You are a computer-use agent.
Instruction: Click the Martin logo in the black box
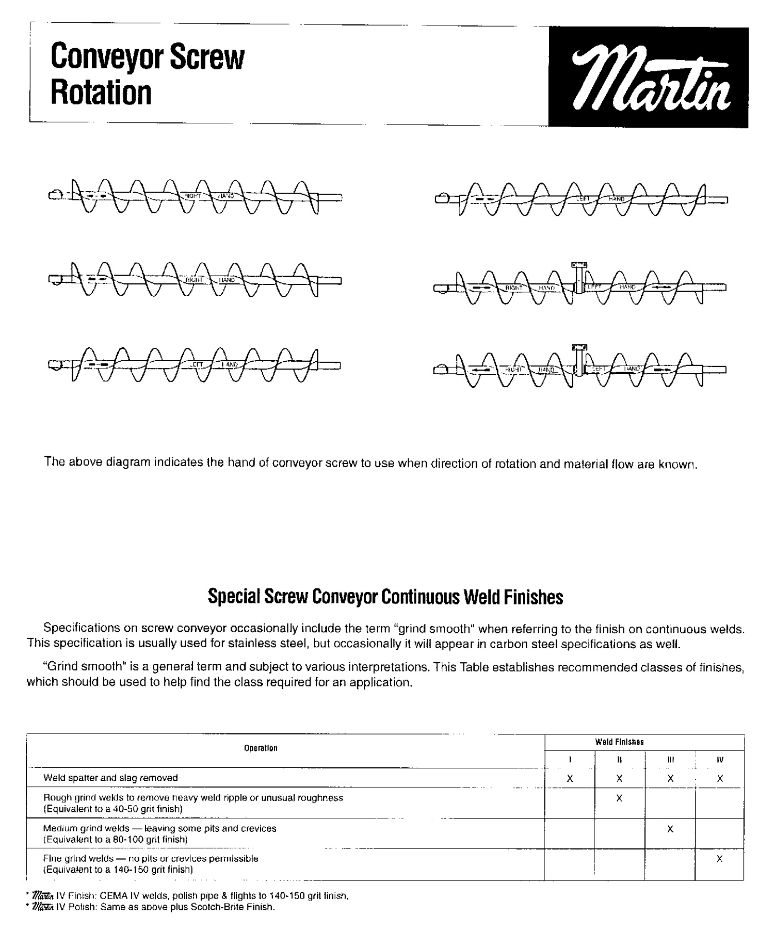point(648,78)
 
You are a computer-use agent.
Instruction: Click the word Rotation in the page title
point(101,92)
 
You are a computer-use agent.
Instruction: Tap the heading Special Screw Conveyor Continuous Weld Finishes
point(385,597)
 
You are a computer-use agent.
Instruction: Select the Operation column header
point(261,748)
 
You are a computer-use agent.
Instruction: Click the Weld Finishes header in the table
point(619,742)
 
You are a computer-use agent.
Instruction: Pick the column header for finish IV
point(720,760)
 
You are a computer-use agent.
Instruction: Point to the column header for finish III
point(670,760)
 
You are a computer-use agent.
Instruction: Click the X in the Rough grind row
point(619,798)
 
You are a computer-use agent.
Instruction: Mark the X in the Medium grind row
point(670,829)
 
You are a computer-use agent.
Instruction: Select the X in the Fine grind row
point(720,859)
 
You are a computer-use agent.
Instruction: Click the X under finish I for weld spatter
point(570,779)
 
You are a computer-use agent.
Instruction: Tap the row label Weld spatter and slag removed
point(111,778)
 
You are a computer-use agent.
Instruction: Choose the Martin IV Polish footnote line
point(154,907)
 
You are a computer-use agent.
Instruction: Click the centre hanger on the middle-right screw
point(580,278)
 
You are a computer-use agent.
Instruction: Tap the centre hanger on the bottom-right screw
point(580,361)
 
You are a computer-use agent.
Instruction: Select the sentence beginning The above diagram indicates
point(370,463)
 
